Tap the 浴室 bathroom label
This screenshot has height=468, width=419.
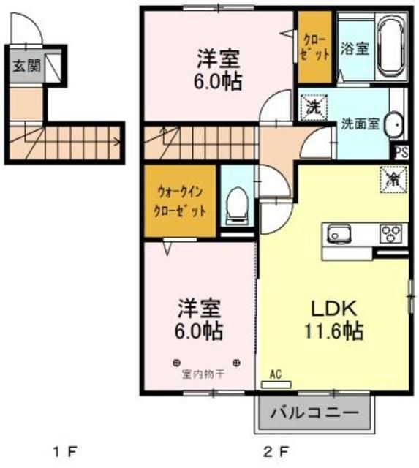point(355,50)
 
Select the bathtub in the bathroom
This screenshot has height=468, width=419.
point(391,48)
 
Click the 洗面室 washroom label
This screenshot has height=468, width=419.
point(359,124)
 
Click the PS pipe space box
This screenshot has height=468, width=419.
point(401,153)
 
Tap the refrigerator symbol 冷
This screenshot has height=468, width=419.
point(393,177)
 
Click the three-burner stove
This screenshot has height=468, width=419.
point(390,234)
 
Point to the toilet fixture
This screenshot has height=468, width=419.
point(236,205)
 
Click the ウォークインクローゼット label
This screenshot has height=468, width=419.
point(181,200)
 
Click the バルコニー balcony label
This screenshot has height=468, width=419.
point(314,413)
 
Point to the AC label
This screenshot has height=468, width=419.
point(276,374)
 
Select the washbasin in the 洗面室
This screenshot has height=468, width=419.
point(394,124)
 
